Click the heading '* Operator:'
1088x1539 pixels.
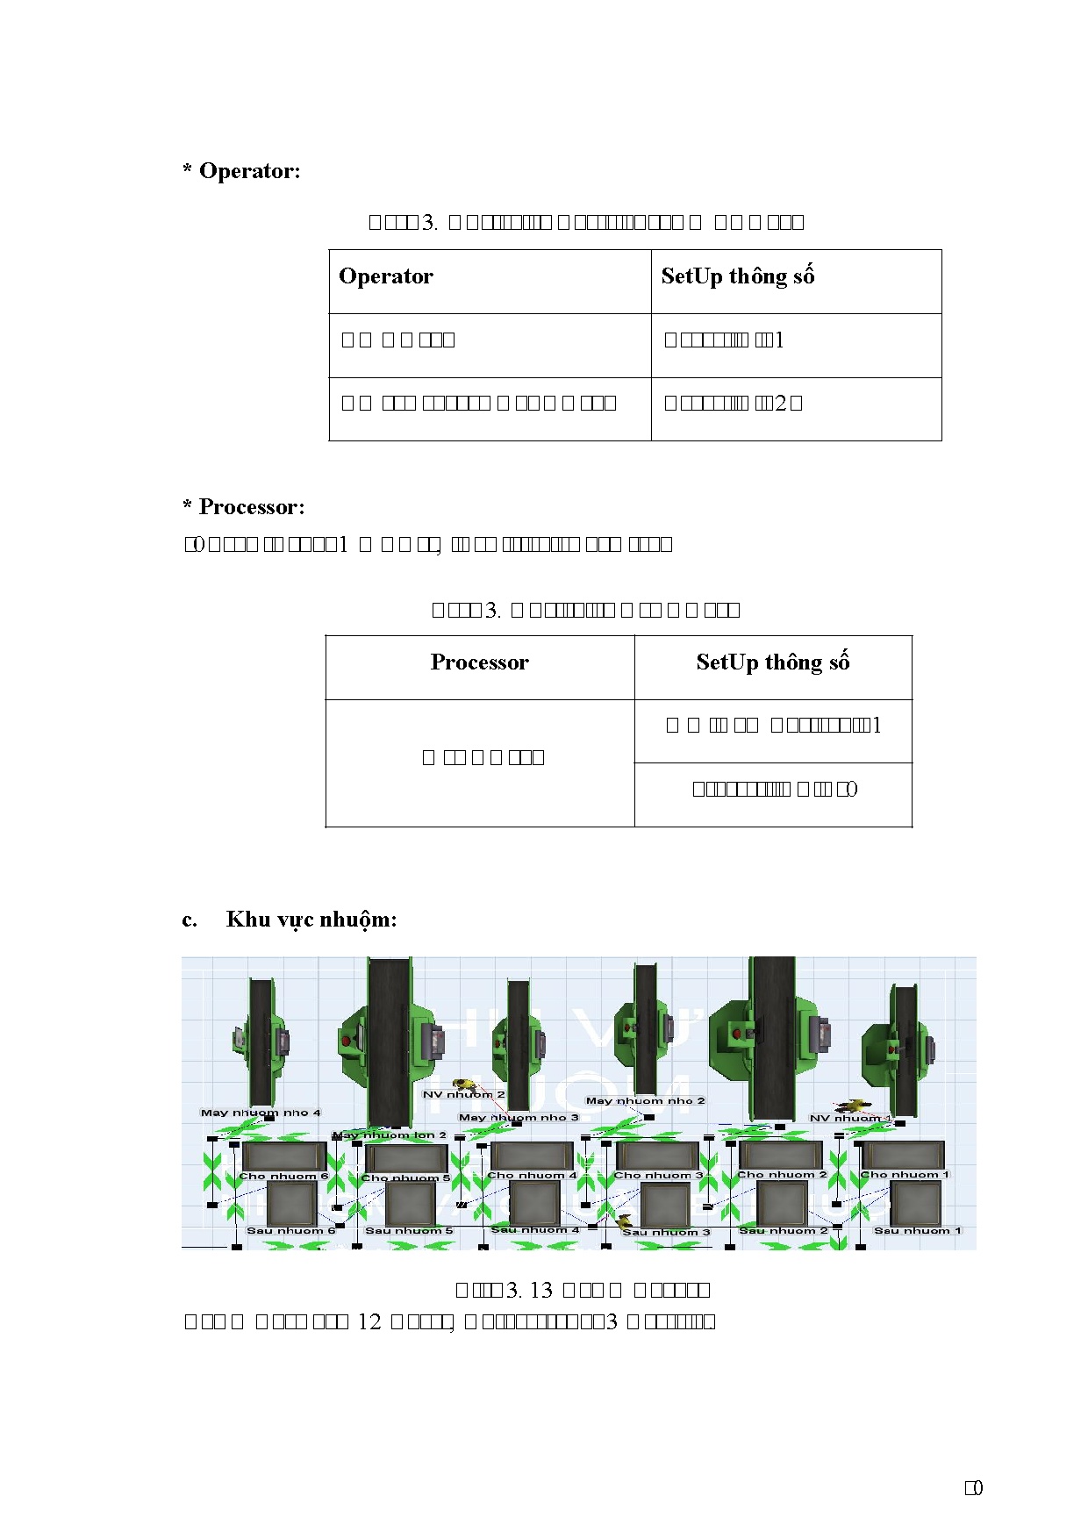[x=241, y=171]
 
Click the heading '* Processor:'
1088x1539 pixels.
[x=244, y=507]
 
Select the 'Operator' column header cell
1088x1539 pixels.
[x=386, y=276]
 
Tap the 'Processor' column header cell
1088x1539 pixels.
[x=479, y=662]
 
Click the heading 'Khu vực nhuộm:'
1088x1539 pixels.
[x=311, y=920]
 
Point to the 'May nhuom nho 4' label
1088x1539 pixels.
[x=261, y=1113]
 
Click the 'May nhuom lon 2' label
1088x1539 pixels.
[x=390, y=1135]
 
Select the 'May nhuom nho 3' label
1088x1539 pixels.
[x=519, y=1117]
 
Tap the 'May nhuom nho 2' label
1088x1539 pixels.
[x=645, y=1100]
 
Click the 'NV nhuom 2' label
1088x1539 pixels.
[x=463, y=1095]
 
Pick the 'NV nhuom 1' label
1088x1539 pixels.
[x=849, y=1118]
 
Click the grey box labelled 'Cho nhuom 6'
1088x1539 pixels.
[x=283, y=1156]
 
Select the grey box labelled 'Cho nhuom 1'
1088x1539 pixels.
[x=903, y=1155]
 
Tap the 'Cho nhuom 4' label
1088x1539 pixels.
[x=532, y=1175]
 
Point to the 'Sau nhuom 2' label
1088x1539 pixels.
[x=784, y=1230]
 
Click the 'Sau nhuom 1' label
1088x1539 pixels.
[x=918, y=1230]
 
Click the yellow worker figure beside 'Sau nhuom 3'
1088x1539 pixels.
[x=624, y=1220]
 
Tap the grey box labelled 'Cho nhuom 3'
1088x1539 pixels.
[x=656, y=1156]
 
